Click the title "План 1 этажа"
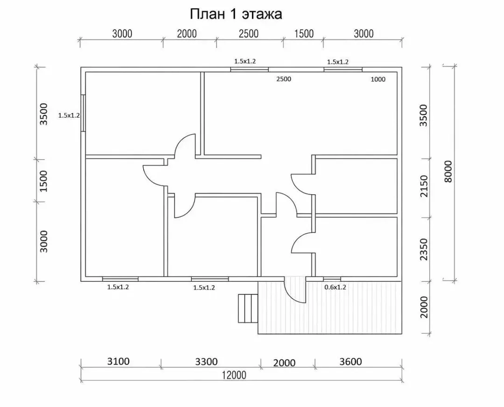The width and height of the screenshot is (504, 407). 236,14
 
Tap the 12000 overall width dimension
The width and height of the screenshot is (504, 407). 234,375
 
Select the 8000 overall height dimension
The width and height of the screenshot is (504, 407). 448,172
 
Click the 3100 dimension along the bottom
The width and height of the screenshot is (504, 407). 118,361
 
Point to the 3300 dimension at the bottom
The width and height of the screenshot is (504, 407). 206,362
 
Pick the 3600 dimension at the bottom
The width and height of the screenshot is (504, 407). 350,362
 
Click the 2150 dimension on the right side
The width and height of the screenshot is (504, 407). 424,186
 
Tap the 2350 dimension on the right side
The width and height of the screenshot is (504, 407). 424,249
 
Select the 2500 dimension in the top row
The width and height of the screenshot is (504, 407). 249,34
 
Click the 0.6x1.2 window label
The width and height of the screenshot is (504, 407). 335,287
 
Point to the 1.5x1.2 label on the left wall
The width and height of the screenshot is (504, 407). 69,115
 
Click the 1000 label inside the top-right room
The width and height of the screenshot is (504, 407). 378,79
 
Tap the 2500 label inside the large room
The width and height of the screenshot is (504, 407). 284,79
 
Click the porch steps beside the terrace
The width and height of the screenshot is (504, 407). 248,309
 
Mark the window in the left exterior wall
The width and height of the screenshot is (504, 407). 83,113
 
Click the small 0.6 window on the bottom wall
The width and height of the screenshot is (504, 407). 332,279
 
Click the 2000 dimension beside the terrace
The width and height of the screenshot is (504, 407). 424,307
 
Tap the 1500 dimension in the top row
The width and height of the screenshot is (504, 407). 304,34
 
